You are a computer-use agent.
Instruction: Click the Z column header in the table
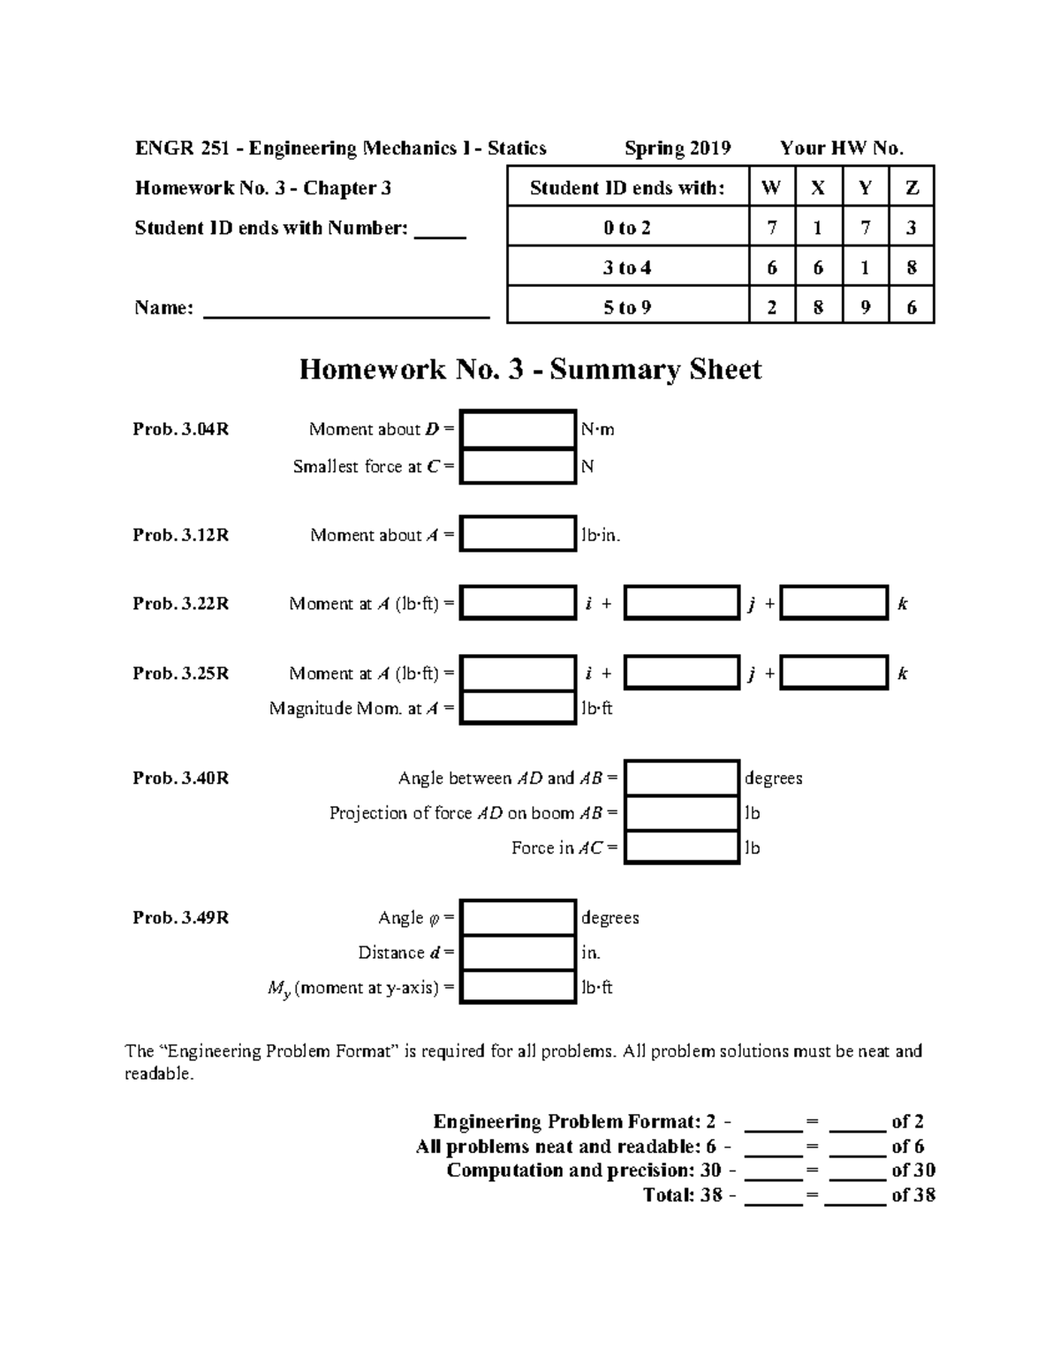(912, 187)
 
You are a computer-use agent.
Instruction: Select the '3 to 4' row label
(627, 267)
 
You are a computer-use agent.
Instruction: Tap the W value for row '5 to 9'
(772, 307)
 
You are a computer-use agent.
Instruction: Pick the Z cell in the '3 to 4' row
(912, 267)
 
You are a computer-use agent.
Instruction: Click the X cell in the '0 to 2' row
(818, 228)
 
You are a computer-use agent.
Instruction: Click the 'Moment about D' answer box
(518, 429)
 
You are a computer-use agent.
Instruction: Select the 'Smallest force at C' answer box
(518, 466)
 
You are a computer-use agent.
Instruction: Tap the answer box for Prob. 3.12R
(518, 534)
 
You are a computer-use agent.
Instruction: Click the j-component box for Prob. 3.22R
(681, 603)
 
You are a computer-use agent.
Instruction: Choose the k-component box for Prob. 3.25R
(834, 673)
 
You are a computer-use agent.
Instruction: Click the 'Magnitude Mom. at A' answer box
(518, 707)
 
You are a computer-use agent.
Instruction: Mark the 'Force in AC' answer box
(681, 847)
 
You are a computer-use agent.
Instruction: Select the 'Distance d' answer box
(518, 953)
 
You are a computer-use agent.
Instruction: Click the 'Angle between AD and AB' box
(681, 778)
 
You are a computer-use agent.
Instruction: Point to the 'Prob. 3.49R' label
(181, 918)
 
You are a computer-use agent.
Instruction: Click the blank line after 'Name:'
(346, 309)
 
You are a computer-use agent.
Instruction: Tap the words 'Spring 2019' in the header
(678, 148)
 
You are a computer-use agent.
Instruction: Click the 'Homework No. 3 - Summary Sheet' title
(530, 369)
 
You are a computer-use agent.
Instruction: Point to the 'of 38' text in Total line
(913, 1195)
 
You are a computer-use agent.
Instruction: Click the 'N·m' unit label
(597, 430)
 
